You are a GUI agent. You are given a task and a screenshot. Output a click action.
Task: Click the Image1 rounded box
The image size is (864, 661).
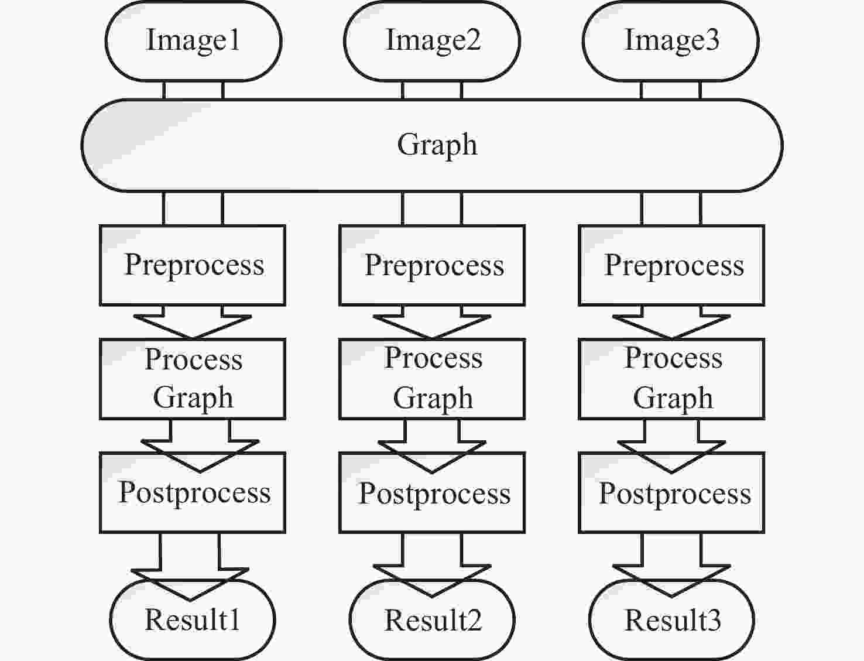(193, 41)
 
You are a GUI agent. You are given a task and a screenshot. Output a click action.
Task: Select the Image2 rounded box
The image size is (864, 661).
(432, 41)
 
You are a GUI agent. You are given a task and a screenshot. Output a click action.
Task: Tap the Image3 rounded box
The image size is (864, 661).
(671, 41)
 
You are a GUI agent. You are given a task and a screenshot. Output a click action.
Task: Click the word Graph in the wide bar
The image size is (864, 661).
(437, 145)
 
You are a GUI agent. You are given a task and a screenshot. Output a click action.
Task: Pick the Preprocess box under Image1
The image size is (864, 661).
(193, 265)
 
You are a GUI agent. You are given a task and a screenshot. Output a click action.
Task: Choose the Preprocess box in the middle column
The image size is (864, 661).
(432, 265)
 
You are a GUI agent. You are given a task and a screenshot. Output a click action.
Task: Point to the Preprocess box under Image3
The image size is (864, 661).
(671, 265)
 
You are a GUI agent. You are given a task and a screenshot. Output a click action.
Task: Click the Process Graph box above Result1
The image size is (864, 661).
(193, 379)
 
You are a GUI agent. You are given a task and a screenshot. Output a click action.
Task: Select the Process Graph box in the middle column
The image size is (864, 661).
(432, 379)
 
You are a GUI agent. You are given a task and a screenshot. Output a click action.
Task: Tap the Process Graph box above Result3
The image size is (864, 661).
(671, 379)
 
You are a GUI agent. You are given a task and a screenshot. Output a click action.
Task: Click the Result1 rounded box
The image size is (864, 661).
(193, 620)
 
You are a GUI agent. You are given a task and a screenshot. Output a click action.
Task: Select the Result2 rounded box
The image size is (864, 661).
(432, 620)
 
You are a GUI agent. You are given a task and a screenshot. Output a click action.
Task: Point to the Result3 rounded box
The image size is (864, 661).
(671, 620)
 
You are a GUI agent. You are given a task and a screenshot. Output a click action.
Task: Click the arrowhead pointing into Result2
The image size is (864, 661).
(432, 581)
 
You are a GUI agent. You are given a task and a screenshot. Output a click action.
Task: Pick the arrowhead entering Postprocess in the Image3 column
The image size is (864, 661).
(671, 457)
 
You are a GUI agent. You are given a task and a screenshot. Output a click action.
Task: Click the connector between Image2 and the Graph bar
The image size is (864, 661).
(432, 90)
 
